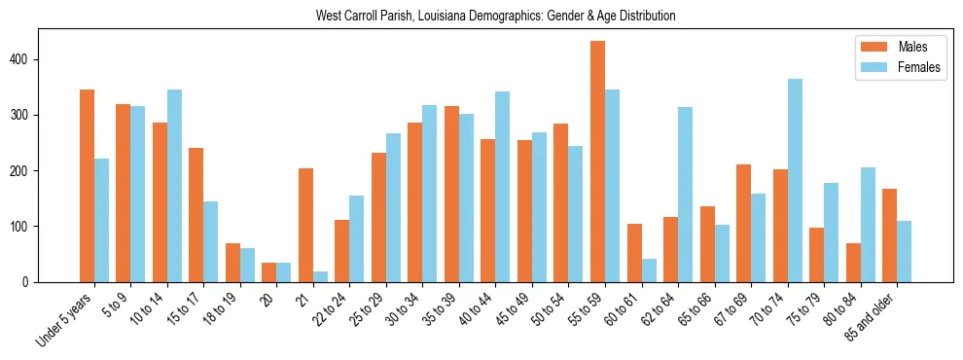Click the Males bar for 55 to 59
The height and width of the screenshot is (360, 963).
click(x=597, y=162)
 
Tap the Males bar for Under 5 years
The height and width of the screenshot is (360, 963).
click(x=87, y=186)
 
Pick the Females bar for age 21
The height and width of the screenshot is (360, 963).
click(x=320, y=277)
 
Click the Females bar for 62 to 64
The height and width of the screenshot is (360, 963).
click(x=685, y=195)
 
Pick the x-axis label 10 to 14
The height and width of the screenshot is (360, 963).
click(x=147, y=309)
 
